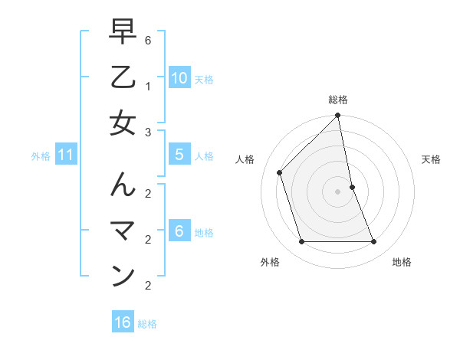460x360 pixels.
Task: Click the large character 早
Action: [x=123, y=33]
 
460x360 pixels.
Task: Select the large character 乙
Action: [x=123, y=77]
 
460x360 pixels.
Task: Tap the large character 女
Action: [x=123, y=123]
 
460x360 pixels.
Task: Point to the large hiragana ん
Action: [x=123, y=185]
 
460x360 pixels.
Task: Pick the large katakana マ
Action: [x=123, y=231]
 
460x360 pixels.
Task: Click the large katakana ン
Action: [x=123, y=276]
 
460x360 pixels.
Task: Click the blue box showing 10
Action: [x=179, y=77]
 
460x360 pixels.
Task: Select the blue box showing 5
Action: [x=179, y=155]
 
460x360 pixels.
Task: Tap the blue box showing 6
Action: [x=179, y=231]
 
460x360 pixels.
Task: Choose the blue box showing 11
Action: [x=66, y=155]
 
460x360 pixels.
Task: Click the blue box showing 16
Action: [x=123, y=322]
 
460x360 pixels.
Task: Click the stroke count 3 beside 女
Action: [x=148, y=133]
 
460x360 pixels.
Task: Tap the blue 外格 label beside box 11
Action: [x=41, y=156]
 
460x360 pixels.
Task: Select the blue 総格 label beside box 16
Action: [x=147, y=324]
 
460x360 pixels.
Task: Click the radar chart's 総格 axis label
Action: [x=338, y=100]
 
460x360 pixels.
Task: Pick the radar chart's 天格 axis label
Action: [x=431, y=159]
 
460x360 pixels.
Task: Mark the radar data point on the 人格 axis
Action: [x=280, y=172]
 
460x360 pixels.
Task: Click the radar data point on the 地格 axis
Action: [x=374, y=242]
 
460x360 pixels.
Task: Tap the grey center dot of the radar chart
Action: [x=338, y=191]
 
